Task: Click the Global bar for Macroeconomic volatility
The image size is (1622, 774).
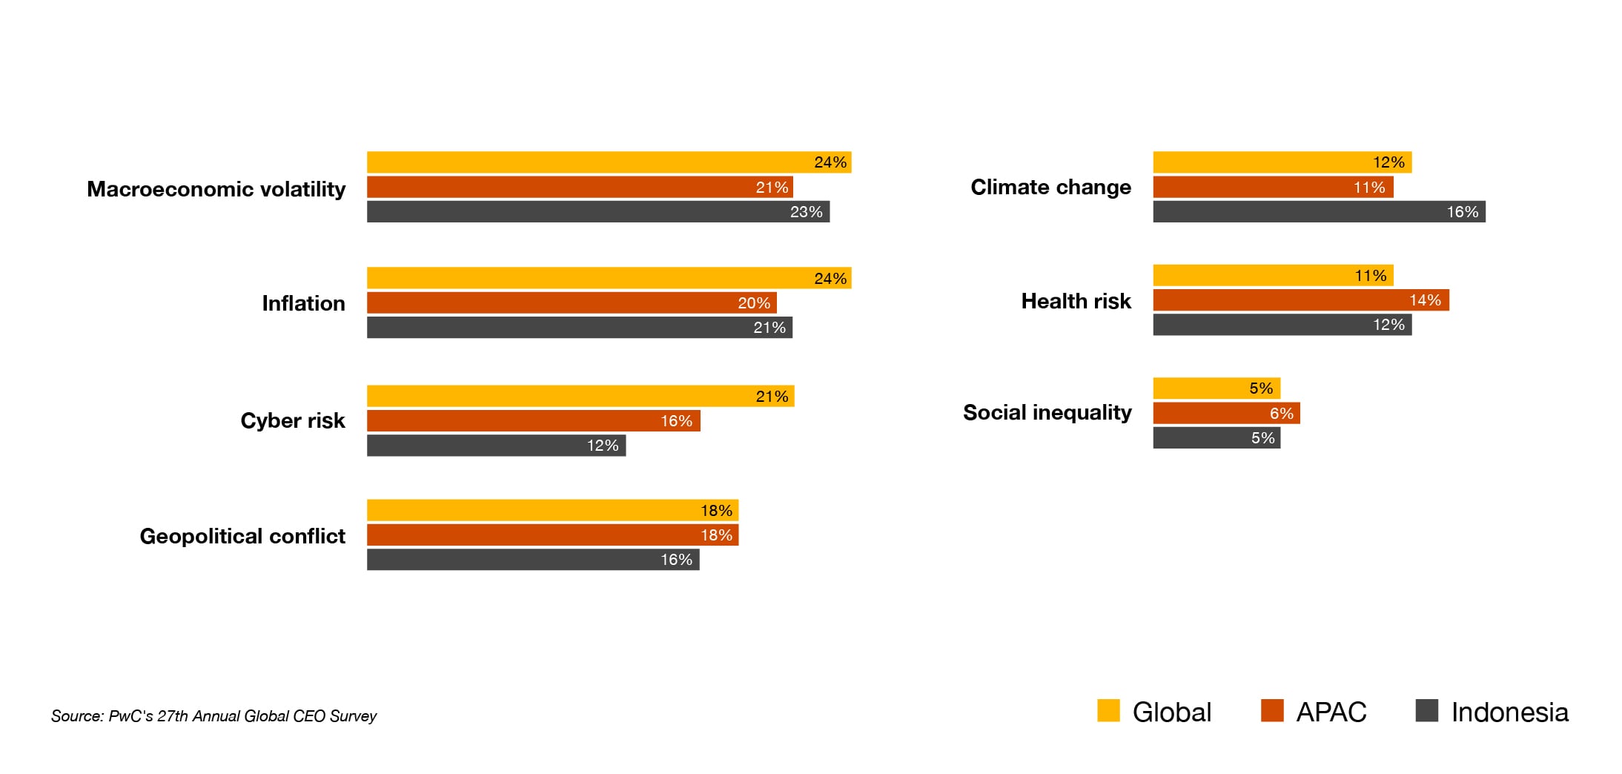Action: tap(608, 162)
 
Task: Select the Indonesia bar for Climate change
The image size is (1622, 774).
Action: tap(1318, 212)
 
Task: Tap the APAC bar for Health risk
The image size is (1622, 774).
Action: tap(1300, 300)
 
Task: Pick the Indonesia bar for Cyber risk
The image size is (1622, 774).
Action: tap(496, 446)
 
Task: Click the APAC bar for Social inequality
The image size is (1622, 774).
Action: tap(1226, 413)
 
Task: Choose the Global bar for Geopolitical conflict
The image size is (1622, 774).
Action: tap(552, 510)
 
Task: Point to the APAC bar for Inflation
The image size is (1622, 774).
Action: tap(571, 302)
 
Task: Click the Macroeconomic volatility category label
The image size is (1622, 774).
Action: tap(216, 189)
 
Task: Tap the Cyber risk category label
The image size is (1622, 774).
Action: tap(292, 420)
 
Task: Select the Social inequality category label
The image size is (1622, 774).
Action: tap(1047, 412)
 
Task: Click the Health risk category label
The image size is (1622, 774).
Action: tap(1076, 301)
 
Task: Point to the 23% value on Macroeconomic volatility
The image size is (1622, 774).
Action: tap(806, 212)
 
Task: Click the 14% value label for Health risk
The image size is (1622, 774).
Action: tap(1425, 300)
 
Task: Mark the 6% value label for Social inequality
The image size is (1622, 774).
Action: tap(1281, 414)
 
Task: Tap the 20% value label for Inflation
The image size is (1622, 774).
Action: tap(754, 303)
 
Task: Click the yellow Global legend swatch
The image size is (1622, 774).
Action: tap(1108, 710)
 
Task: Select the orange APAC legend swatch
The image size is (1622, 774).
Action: tap(1272, 710)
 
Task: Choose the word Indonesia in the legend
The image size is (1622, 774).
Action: tap(1509, 712)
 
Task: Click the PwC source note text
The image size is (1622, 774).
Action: tap(213, 716)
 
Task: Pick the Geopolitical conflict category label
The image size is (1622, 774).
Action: tap(242, 536)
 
